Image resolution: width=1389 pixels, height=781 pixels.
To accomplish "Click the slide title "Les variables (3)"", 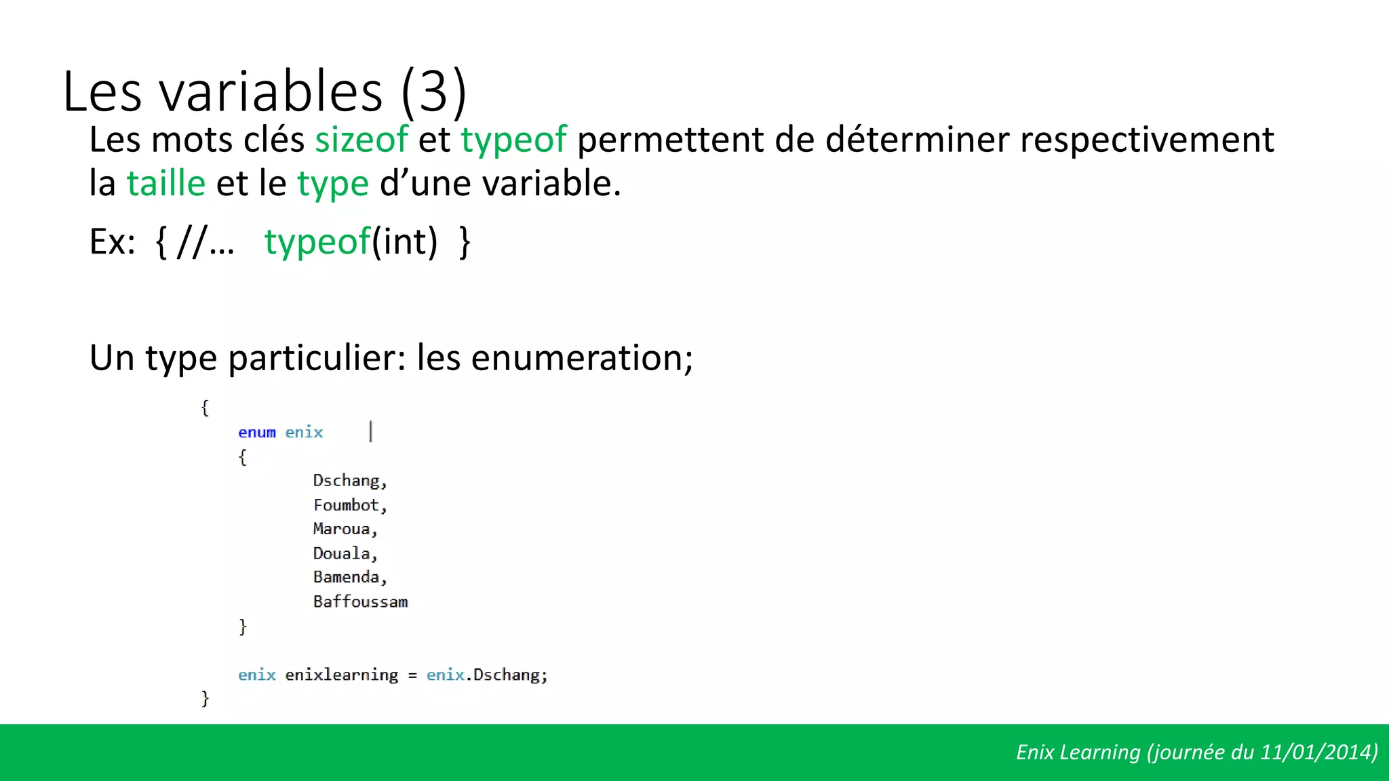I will point(265,92).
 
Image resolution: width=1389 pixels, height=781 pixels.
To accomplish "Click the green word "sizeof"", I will point(361,140).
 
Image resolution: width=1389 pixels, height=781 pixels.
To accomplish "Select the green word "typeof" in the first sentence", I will point(513,140).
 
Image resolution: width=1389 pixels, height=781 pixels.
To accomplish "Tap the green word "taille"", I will point(166,184).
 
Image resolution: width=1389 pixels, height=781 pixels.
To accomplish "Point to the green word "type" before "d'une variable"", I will point(332,184).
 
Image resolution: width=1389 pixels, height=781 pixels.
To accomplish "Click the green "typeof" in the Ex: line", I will point(317,242).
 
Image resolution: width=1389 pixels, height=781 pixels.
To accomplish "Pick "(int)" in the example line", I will point(405,242).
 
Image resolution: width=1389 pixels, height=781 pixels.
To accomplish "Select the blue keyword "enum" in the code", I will point(257,433).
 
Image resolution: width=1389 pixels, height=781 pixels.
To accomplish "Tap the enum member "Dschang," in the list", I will point(349,481).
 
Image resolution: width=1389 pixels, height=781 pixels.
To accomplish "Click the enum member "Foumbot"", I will point(346,505).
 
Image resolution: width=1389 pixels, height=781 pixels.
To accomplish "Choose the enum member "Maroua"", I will point(342,529).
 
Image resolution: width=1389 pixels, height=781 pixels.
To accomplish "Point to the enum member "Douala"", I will point(342,553).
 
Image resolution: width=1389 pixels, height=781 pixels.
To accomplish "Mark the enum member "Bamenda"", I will point(346,577).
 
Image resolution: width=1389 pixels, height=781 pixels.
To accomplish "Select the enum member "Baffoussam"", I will point(360,601).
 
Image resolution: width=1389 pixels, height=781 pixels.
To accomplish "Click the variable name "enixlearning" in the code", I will point(342,675).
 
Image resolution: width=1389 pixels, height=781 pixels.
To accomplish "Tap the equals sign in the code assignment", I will point(412,675).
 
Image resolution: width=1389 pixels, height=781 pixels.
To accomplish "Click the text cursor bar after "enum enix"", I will point(371,432).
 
